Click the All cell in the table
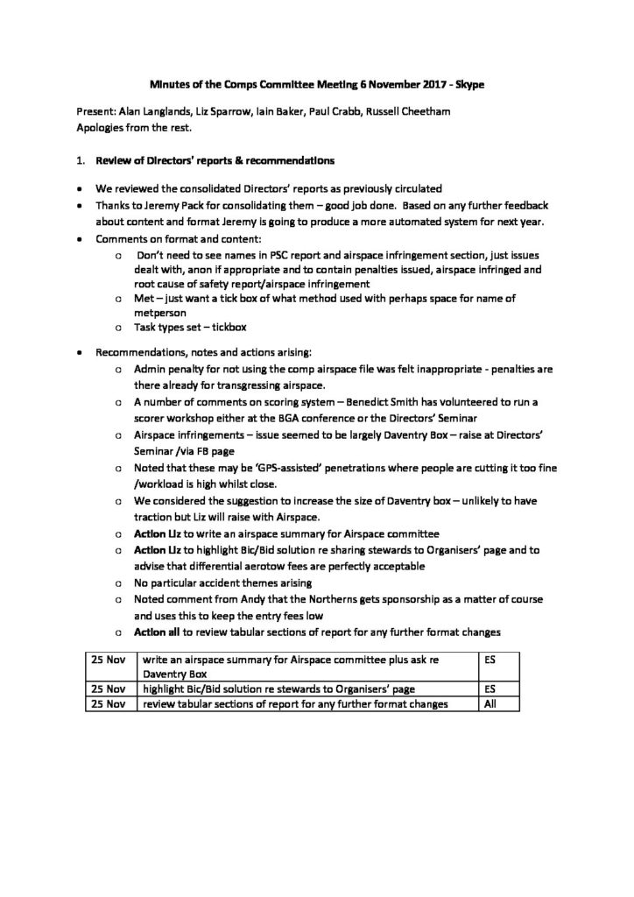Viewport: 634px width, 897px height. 490,703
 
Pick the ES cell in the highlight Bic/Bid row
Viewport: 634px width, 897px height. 490,689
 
